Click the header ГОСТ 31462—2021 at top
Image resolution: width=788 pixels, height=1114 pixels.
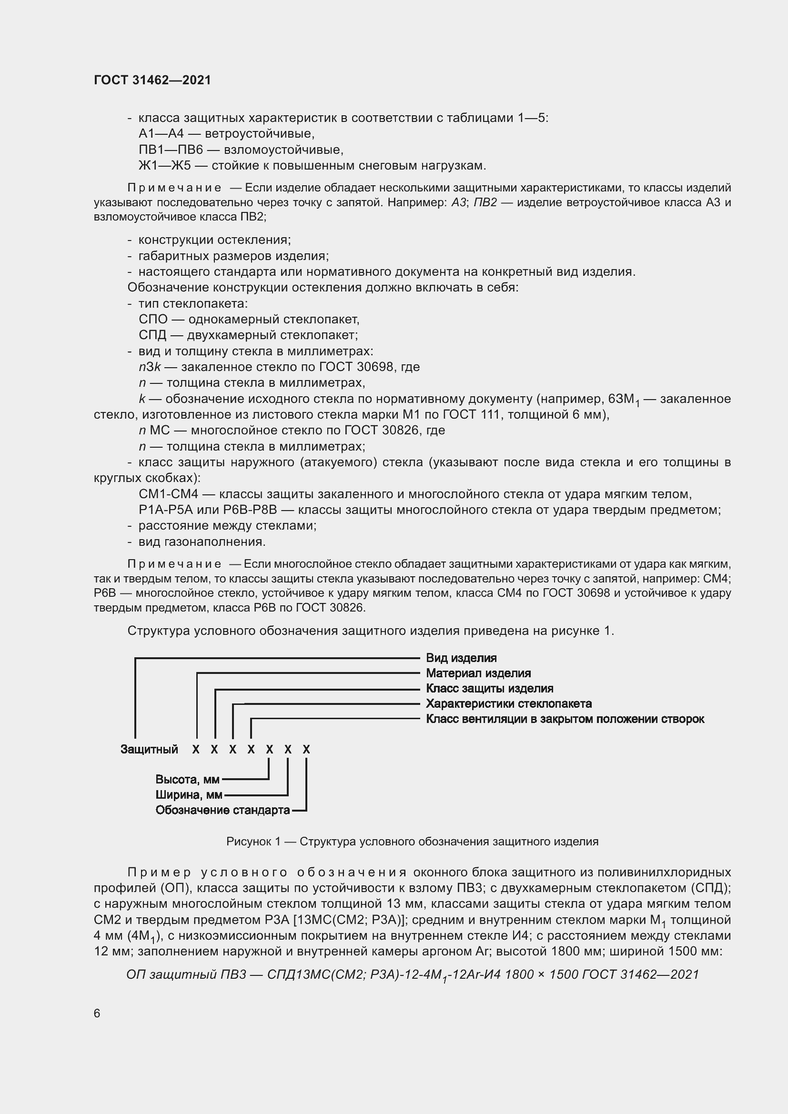click(152, 80)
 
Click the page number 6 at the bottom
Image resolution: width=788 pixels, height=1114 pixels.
click(97, 1013)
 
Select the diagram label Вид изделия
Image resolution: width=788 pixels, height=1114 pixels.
click(461, 658)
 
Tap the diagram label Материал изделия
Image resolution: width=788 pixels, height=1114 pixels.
click(478, 673)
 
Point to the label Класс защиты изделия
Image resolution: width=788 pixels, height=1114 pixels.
click(489, 689)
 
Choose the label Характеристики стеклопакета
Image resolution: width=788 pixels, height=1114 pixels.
click(508, 703)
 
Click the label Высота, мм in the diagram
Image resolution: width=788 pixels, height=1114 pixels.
click(187, 780)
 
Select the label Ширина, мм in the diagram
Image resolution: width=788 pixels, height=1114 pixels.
click(189, 795)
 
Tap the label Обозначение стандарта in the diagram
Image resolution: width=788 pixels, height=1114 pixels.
click(222, 810)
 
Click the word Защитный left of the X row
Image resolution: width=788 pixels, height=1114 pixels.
click(149, 749)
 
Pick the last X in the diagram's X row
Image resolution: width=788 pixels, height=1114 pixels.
click(306, 750)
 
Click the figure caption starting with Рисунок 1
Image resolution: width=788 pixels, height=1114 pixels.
click(412, 841)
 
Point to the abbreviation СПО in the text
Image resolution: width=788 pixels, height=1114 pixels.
click(153, 319)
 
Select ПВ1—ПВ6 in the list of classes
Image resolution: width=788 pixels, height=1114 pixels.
click(170, 150)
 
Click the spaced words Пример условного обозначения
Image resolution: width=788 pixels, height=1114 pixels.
click(267, 872)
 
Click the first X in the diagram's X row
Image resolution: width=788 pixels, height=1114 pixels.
click(195, 750)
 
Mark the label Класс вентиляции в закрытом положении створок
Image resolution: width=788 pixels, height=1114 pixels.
click(565, 719)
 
